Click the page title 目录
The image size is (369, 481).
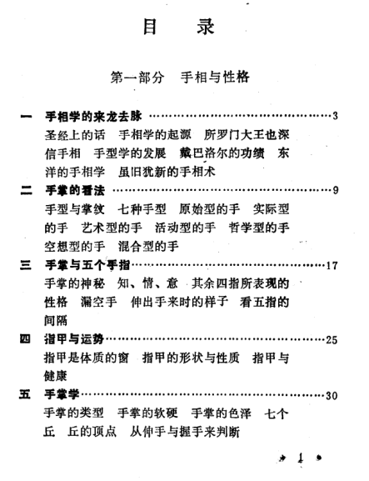(x=179, y=27)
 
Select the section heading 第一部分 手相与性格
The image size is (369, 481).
(x=180, y=77)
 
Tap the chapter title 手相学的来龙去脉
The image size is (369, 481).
(x=93, y=116)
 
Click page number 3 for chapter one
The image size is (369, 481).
(x=336, y=116)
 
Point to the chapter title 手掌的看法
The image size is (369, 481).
(x=75, y=191)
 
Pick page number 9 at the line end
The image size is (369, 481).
(x=336, y=191)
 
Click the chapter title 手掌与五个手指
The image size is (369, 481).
(x=87, y=265)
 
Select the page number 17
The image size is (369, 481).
(x=332, y=265)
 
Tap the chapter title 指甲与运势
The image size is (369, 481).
(x=74, y=339)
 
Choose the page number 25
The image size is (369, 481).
(x=332, y=340)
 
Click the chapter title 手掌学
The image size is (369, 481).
(x=62, y=394)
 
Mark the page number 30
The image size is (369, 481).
(x=332, y=395)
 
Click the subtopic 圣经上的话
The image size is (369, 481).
(x=75, y=135)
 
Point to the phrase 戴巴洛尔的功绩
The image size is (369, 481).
(x=222, y=153)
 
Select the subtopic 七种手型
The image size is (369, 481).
(x=142, y=209)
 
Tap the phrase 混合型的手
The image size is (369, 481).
(x=148, y=246)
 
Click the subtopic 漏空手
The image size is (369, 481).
(x=98, y=302)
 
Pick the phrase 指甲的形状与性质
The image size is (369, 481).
(x=191, y=358)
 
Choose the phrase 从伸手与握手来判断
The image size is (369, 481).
(x=185, y=432)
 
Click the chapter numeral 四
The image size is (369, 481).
(x=25, y=339)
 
